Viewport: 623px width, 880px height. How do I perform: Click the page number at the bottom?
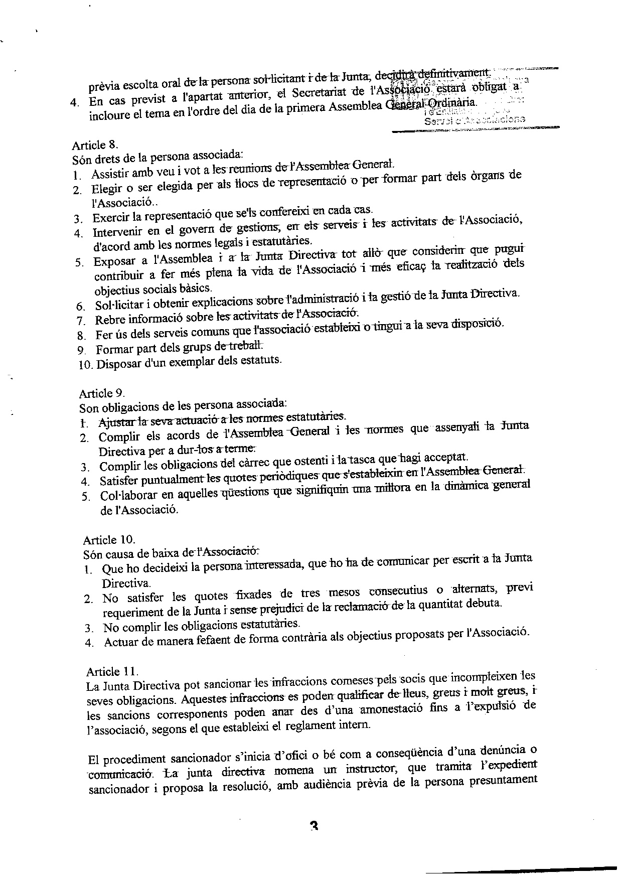[315, 826]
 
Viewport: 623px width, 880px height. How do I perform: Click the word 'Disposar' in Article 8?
[116, 363]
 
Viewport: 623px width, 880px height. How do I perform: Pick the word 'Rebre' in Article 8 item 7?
[109, 320]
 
